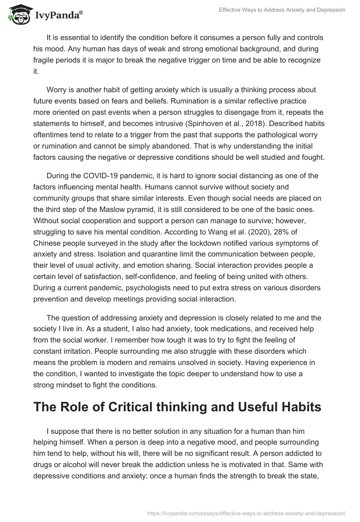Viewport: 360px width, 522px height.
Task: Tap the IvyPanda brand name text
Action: tap(57, 16)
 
